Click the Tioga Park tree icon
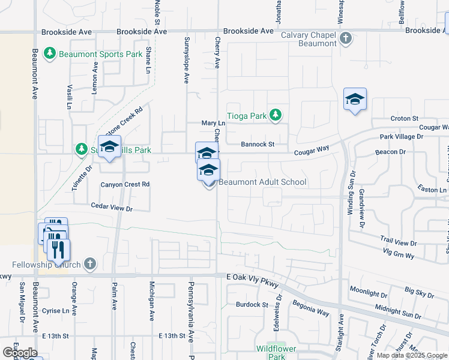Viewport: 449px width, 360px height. click(x=275, y=115)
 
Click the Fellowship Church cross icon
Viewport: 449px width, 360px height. click(x=89, y=264)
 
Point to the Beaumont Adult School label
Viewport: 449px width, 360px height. click(x=263, y=182)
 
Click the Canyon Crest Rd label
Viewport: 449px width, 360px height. click(x=125, y=184)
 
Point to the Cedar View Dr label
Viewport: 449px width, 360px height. click(x=111, y=208)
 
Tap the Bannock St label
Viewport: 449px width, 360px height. click(x=258, y=145)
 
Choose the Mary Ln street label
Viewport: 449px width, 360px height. click(x=212, y=123)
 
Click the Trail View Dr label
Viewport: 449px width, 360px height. click(x=397, y=243)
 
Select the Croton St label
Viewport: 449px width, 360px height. click(x=404, y=119)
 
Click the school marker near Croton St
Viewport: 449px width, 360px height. click(x=355, y=99)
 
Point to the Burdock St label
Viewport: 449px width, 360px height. click(x=251, y=305)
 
